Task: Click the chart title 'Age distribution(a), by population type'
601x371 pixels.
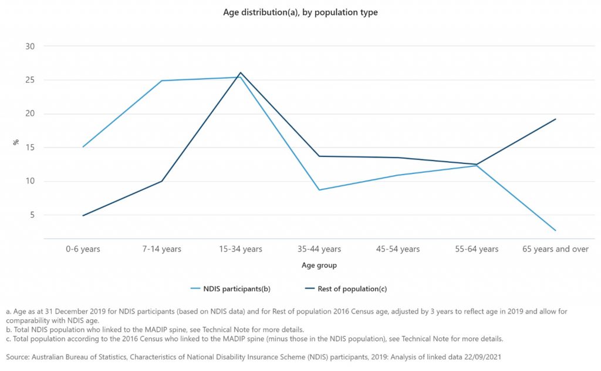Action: click(300, 12)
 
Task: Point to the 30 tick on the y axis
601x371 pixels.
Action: click(31, 46)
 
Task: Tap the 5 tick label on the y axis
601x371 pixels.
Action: click(33, 215)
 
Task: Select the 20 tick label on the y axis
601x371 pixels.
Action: click(31, 114)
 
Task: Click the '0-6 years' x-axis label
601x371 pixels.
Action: click(83, 249)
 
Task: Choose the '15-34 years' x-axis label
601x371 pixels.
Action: click(240, 249)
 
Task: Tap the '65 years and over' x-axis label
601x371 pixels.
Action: click(555, 249)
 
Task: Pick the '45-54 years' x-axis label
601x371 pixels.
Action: click(398, 249)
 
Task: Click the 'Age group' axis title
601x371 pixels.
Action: click(319, 266)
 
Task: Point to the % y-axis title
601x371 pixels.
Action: click(16, 142)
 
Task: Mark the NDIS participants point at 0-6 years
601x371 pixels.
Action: click(83, 147)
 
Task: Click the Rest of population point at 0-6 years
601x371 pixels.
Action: click(83, 216)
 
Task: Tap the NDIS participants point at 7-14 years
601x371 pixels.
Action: click(161, 81)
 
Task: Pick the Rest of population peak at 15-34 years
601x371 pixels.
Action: click(240, 73)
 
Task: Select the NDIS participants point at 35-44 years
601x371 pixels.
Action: click(319, 190)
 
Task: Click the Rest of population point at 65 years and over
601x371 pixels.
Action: click(555, 119)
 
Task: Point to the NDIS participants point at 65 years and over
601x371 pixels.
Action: click(555, 230)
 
